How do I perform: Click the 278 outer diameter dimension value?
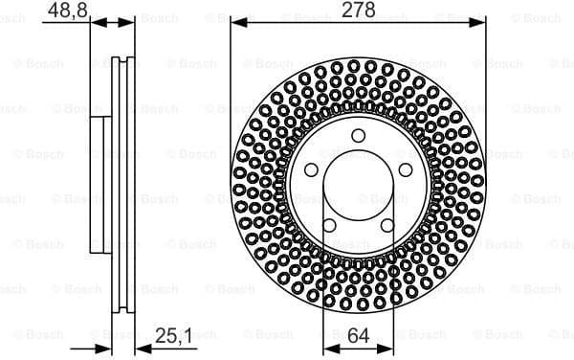coord(359,11)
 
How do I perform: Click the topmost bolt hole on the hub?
coord(358,135)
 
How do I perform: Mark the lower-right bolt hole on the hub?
coord(387,226)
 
